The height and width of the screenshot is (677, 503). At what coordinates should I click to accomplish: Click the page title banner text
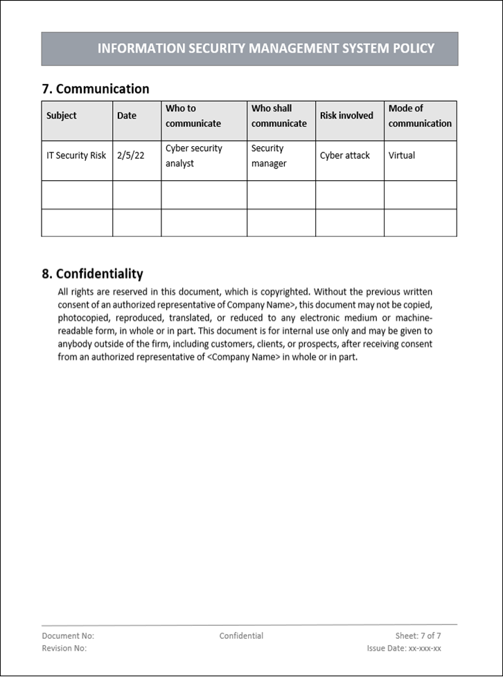(x=266, y=49)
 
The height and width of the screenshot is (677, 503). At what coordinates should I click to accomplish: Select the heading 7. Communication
(x=96, y=89)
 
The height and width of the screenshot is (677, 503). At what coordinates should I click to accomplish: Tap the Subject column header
(x=62, y=116)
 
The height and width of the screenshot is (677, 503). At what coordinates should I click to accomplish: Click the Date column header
(x=127, y=116)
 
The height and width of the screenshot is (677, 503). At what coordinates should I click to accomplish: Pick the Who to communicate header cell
(x=193, y=116)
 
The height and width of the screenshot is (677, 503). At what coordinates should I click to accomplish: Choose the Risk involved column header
(x=346, y=116)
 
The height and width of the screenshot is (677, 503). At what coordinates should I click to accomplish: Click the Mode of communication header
(x=419, y=116)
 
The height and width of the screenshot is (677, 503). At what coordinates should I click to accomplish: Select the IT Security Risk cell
(x=76, y=155)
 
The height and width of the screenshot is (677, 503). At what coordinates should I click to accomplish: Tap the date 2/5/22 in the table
(x=131, y=155)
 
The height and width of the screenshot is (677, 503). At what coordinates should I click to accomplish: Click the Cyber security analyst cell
(x=193, y=156)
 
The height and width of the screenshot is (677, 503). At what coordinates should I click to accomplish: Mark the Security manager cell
(x=269, y=156)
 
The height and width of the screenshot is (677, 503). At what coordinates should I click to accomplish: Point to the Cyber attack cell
(x=345, y=155)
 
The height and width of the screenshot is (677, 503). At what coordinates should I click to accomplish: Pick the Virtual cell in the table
(x=402, y=155)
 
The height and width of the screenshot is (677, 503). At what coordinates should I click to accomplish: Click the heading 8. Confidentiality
(x=93, y=273)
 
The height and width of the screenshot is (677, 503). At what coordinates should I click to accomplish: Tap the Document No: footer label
(x=68, y=635)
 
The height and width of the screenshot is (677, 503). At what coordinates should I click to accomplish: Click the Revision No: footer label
(x=64, y=648)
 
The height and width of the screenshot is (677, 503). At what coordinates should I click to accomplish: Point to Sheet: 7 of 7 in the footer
(x=418, y=635)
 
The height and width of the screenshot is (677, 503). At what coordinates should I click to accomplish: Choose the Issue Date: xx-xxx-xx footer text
(x=404, y=648)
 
